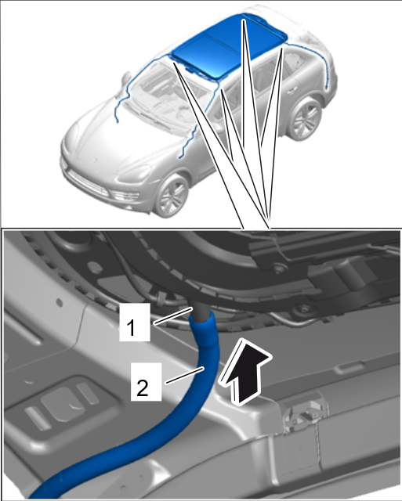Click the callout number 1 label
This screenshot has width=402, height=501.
(x=135, y=322)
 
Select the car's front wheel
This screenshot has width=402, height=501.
(x=172, y=196)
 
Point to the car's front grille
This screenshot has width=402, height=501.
(x=86, y=182)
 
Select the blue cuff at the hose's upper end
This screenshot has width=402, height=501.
(x=204, y=329)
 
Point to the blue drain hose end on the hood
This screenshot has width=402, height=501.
(x=118, y=121)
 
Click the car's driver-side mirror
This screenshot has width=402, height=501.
(x=126, y=78)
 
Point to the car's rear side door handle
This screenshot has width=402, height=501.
(x=292, y=91)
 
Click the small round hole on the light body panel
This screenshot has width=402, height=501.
(x=59, y=301)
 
